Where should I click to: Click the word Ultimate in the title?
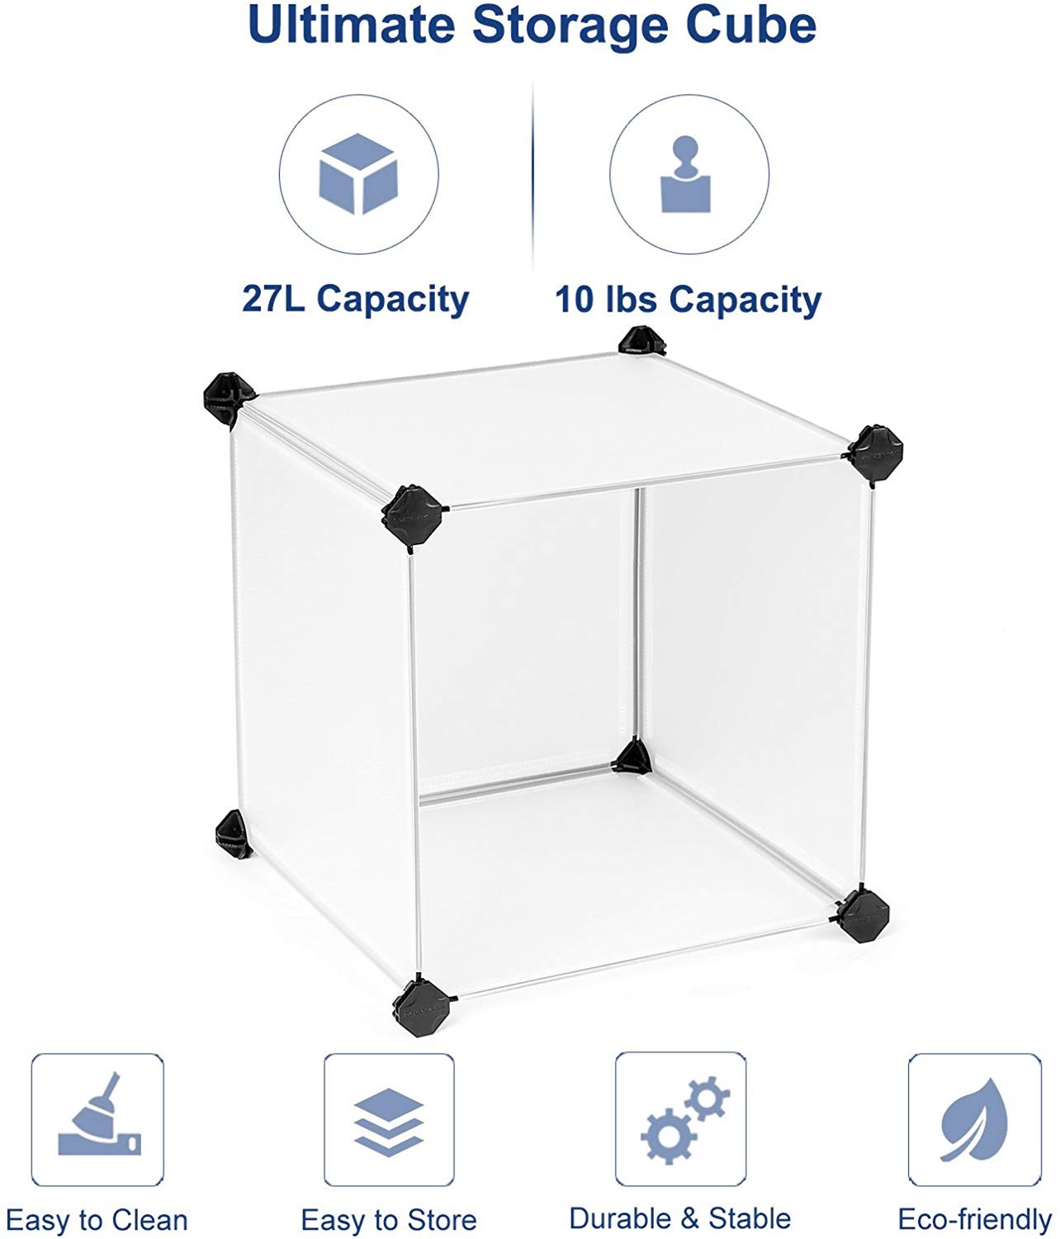point(352,25)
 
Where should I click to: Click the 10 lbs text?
point(605,298)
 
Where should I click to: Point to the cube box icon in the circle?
point(358,173)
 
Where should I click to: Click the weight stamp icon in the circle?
point(685,174)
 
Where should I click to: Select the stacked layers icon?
point(389,1122)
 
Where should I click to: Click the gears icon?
point(685,1120)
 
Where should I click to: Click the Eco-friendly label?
point(974,1219)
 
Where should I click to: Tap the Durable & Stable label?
point(680,1218)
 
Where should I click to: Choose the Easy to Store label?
point(389,1220)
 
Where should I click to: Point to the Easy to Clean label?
point(97,1220)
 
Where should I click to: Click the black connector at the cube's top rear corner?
point(641,340)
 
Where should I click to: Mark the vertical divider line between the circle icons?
point(532,174)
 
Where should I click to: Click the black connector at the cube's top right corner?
point(873,453)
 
